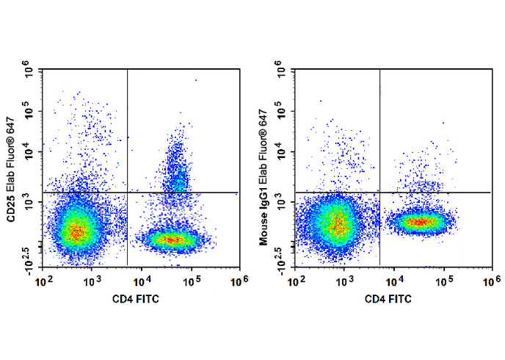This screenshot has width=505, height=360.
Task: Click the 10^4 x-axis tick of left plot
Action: point(142,280)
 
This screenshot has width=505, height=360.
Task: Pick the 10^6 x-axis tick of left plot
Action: point(239,280)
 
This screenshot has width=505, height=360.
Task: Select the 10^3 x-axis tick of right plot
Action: point(345,280)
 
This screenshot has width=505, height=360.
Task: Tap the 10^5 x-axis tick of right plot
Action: point(443,280)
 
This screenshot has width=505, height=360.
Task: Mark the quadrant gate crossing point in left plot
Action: point(128,192)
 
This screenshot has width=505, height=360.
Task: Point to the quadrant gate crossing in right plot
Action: point(379,192)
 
